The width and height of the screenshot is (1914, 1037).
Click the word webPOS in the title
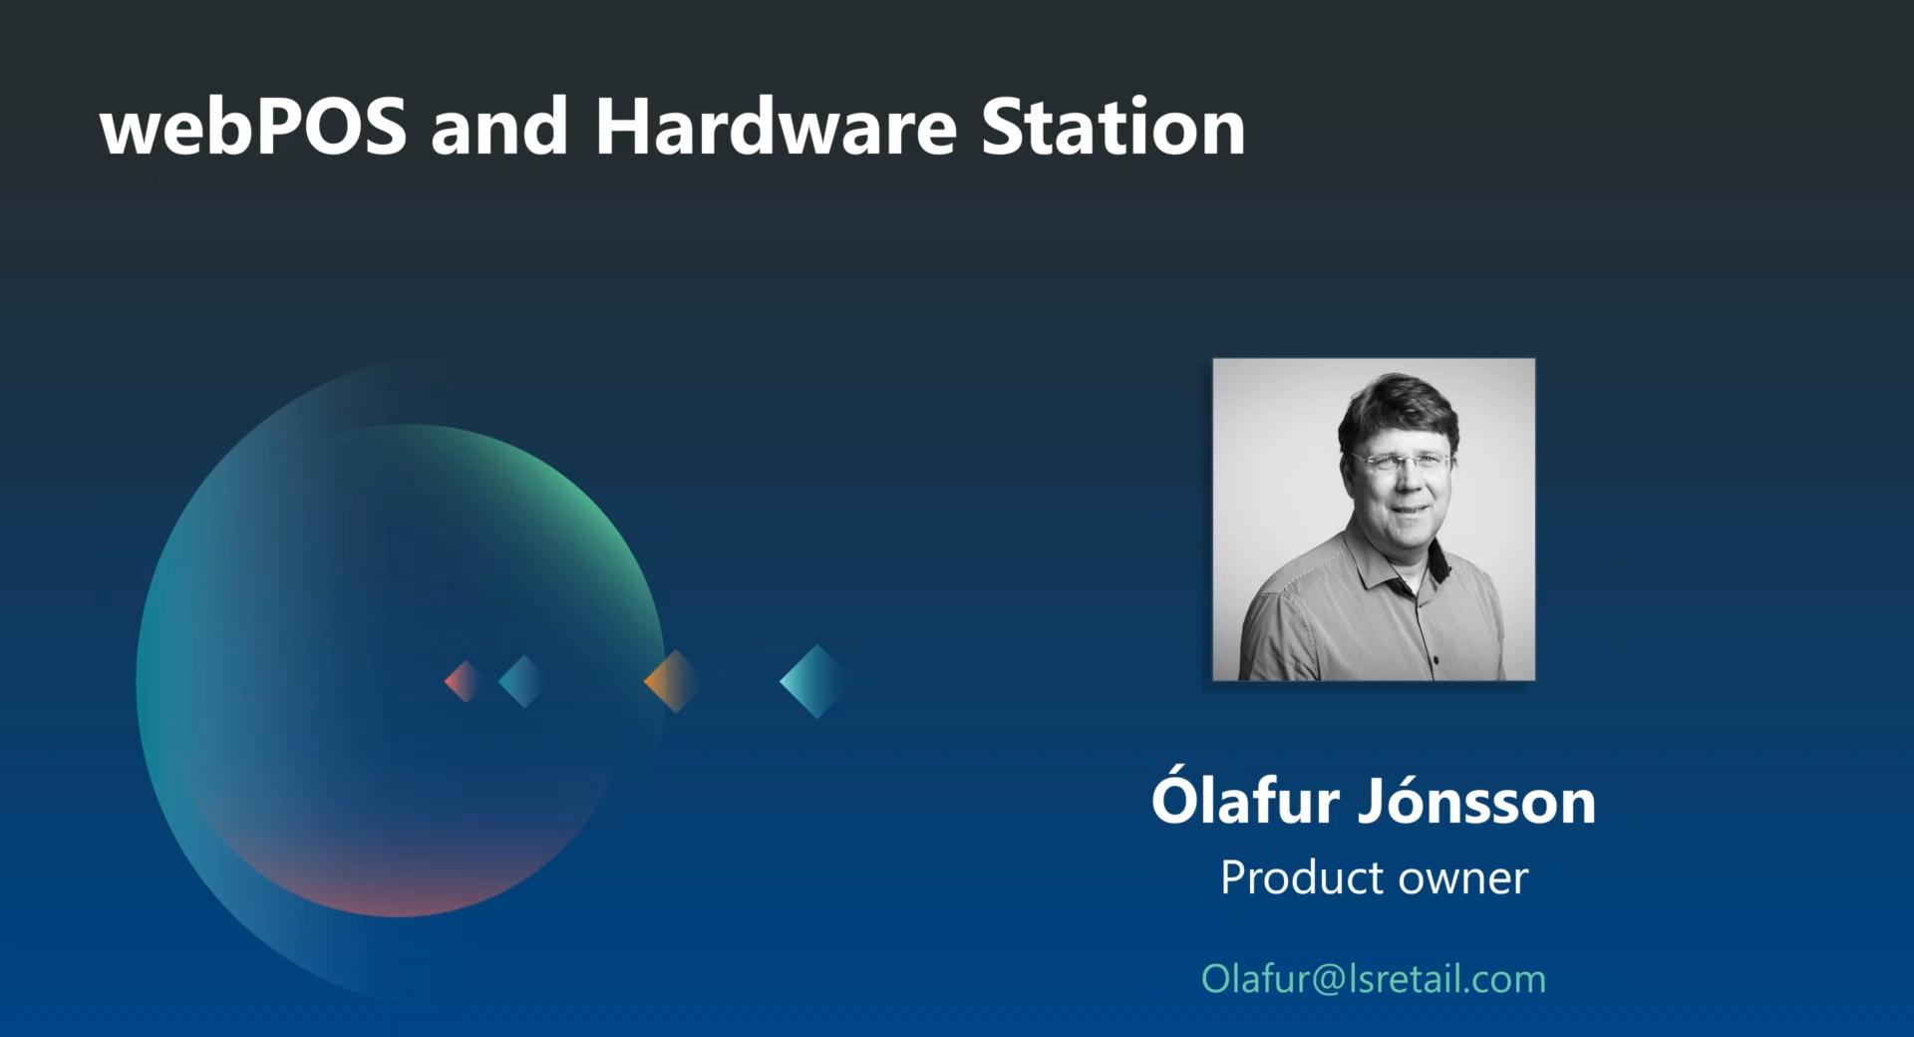pos(253,127)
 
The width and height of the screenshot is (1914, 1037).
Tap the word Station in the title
pos(1113,127)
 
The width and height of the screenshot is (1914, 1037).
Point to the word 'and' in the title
pos(499,127)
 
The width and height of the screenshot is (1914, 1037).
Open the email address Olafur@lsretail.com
pos(1374,979)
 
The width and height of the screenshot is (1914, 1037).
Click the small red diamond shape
pos(464,682)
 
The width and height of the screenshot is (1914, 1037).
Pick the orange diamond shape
pos(672,681)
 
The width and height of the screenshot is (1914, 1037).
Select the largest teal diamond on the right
pos(812,681)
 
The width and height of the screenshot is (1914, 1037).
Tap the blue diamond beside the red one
pos(520,682)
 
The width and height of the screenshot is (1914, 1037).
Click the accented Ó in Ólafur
pos(1178,796)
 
